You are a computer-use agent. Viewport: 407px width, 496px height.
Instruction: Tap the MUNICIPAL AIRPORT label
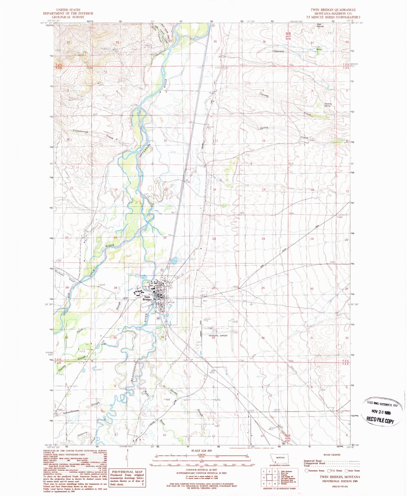[x=218, y=336]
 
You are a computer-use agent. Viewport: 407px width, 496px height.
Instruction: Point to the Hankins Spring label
[x=328, y=105]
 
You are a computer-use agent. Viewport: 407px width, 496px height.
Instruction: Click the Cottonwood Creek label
[x=81, y=131]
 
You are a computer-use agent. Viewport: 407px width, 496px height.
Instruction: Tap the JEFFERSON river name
[x=145, y=151]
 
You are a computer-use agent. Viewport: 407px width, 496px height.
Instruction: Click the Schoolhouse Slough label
[x=71, y=411]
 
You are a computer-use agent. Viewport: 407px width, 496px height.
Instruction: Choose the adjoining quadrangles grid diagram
[x=269, y=476]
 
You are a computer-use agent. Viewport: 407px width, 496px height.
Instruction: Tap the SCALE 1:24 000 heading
[x=201, y=451]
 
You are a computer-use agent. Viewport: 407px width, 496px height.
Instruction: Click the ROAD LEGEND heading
[x=332, y=455]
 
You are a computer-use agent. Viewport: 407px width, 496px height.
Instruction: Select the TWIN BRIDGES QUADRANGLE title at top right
[x=333, y=10]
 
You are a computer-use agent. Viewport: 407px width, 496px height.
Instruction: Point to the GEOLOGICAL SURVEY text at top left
[x=68, y=17]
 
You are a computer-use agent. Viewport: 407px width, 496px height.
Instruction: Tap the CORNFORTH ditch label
[x=278, y=52]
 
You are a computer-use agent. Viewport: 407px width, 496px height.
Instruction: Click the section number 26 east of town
[x=214, y=288]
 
